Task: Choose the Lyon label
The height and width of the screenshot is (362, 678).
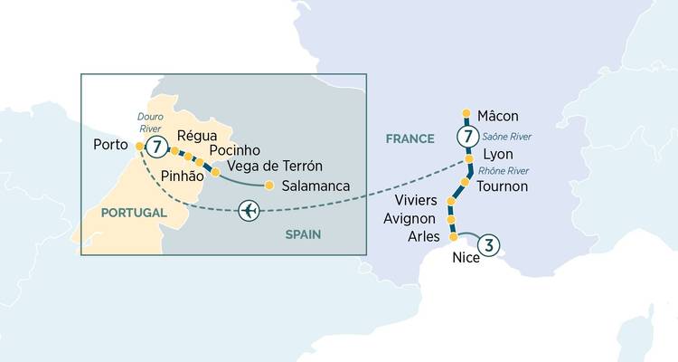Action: tap(498, 155)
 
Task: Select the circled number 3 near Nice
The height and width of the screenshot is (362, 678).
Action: tap(488, 243)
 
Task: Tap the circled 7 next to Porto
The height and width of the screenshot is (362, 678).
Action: tap(157, 146)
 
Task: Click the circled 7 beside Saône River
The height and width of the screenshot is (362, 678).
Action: tap(466, 138)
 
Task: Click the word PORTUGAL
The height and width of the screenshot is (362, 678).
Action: tap(134, 212)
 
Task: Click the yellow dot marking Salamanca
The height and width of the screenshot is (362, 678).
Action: tap(268, 186)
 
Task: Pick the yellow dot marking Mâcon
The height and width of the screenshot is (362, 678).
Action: tap(466, 114)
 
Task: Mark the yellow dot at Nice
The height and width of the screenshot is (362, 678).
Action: tap(454, 237)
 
